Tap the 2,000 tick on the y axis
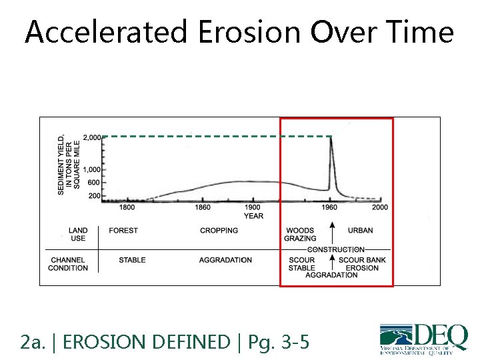91,138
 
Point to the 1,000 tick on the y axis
91,170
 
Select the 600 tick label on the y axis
94,183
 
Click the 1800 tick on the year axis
127,207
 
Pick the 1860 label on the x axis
203,207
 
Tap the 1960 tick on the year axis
329,207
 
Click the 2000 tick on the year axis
379,207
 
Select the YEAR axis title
253,216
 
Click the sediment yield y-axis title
69,164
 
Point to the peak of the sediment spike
331,138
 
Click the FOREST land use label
123,231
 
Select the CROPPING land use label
219,231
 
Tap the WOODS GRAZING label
300,235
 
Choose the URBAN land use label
361,231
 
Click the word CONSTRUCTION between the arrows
335,250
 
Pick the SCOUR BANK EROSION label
362,264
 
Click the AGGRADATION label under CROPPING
225,260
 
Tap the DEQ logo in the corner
423,337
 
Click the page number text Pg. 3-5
278,343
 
